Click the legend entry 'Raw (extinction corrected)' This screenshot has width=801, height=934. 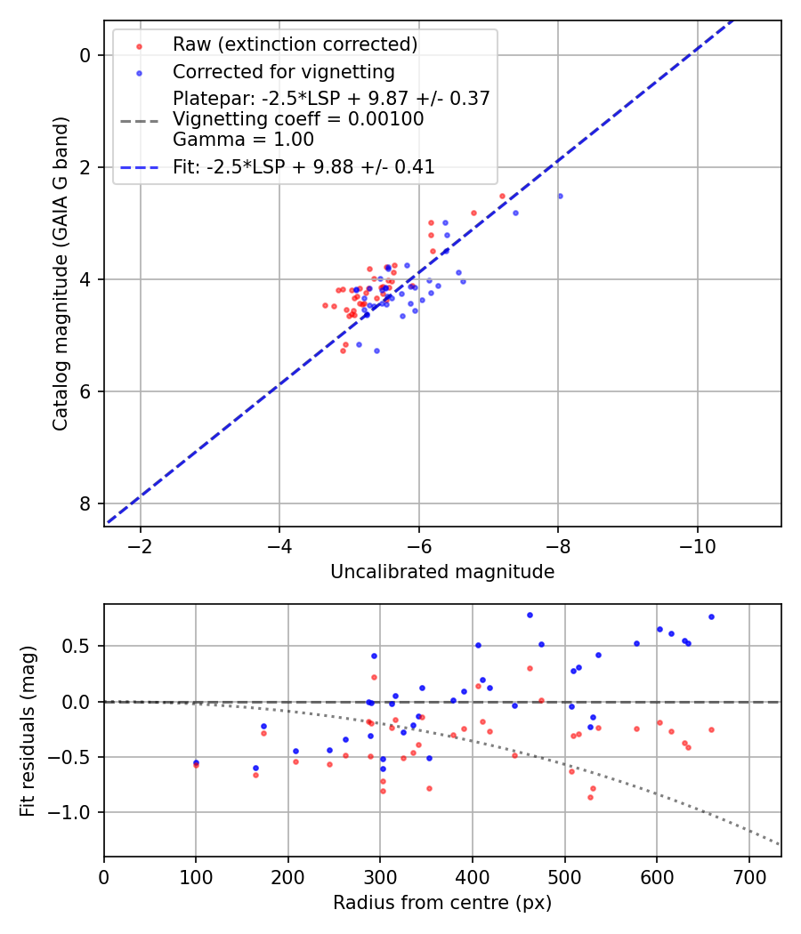coord(295,44)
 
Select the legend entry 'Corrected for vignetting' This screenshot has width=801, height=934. coord(283,71)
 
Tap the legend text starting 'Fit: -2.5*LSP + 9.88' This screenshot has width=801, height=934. coord(303,167)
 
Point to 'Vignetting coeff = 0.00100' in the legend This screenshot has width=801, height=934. coord(298,119)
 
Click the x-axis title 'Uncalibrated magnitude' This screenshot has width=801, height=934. coord(442,572)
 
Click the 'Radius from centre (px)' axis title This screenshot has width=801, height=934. coord(442,903)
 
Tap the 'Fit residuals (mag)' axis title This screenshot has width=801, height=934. coord(28,729)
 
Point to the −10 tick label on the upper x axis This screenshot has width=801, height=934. coord(697,545)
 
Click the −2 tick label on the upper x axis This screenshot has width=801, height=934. coord(140,545)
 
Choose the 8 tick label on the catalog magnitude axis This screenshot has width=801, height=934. coord(86,503)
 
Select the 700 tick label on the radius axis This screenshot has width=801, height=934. coord(748,876)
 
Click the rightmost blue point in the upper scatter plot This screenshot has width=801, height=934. coord(560,196)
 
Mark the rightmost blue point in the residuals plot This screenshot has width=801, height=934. coord(711,616)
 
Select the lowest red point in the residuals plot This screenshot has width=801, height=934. coord(590,797)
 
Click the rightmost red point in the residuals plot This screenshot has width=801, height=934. coord(711,729)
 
